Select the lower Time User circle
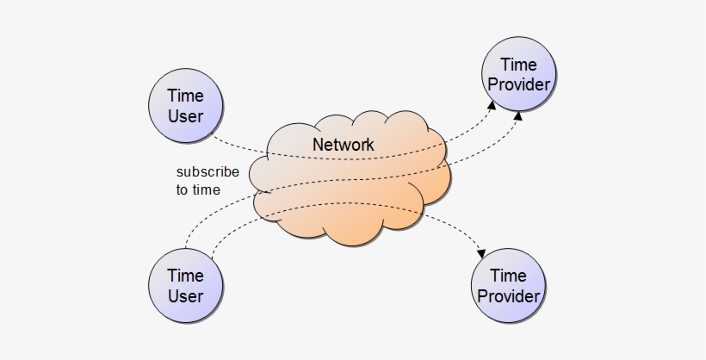point(185,286)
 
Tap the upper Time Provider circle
point(518,75)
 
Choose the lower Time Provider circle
point(508,286)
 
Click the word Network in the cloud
point(343,145)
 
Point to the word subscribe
point(207,172)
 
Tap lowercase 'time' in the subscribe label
point(206,190)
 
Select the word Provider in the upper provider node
point(518,85)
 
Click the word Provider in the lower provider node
point(508,297)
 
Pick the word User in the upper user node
point(185,116)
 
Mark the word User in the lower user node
point(185,297)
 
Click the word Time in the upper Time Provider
point(518,65)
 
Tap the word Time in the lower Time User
point(185,276)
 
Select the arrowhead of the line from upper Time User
point(492,104)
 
